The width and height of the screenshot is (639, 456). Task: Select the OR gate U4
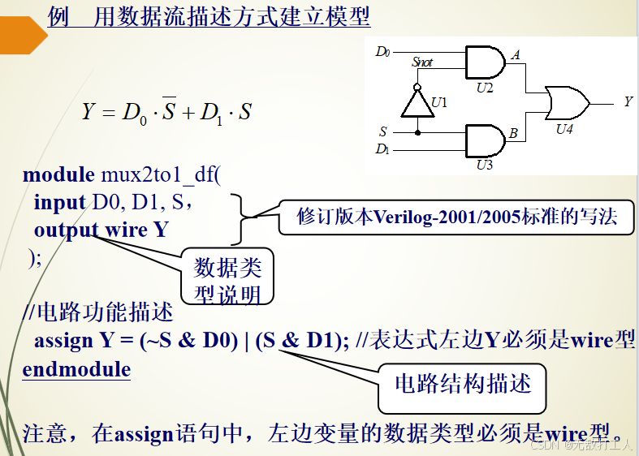[x=567, y=102]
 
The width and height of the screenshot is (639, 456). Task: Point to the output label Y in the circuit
[x=628, y=101]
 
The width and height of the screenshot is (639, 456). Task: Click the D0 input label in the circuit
[x=382, y=52]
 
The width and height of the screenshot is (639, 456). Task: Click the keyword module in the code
[x=58, y=175]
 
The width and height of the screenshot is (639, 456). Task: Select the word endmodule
[x=76, y=370]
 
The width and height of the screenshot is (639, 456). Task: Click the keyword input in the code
[x=59, y=202]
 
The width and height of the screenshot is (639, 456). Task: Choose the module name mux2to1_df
[x=160, y=175]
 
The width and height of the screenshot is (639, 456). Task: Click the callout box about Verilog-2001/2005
[x=454, y=217]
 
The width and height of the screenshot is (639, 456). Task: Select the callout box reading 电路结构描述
[x=463, y=384]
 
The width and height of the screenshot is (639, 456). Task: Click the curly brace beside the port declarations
[x=237, y=217]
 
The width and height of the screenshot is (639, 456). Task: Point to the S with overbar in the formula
[x=168, y=111]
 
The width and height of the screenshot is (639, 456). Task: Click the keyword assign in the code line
[x=63, y=341]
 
